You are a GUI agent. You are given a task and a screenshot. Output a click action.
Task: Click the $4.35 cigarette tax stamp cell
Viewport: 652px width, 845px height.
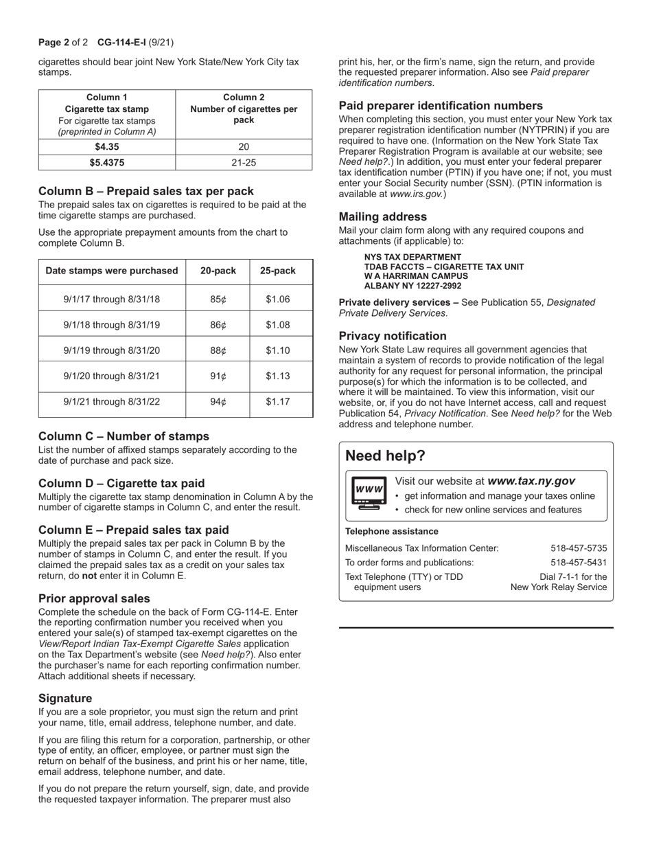[107, 146]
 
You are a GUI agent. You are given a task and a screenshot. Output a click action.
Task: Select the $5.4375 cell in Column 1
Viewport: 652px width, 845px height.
[107, 163]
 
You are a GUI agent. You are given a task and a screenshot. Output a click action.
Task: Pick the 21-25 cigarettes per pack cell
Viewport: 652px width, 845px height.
[244, 163]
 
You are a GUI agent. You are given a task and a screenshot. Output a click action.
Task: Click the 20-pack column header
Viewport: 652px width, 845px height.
[218, 271]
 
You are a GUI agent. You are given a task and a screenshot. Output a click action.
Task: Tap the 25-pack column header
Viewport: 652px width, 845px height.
[277, 271]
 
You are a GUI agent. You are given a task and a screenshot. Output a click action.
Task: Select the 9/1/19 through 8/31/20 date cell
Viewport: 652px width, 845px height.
[112, 350]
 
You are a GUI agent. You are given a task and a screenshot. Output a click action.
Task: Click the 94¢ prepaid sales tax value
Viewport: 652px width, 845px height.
[218, 402]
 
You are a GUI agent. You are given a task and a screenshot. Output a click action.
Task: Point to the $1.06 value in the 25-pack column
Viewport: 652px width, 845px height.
[277, 300]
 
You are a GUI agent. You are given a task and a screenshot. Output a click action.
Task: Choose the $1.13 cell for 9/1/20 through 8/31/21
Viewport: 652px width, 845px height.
[277, 376]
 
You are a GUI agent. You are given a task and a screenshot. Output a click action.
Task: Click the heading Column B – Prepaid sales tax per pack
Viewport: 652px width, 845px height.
[146, 191]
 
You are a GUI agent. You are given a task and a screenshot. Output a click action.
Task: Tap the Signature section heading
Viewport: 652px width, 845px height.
[65, 698]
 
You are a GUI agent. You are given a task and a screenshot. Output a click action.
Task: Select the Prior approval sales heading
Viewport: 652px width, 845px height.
[94, 598]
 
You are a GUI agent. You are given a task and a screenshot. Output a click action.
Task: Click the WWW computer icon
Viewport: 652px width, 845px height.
[369, 493]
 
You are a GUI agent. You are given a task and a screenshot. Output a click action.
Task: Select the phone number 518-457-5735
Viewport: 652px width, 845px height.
[579, 548]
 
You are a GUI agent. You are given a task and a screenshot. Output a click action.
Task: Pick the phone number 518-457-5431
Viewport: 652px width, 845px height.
[579, 563]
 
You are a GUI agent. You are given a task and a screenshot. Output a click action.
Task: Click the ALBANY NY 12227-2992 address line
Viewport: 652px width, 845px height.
[412, 286]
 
